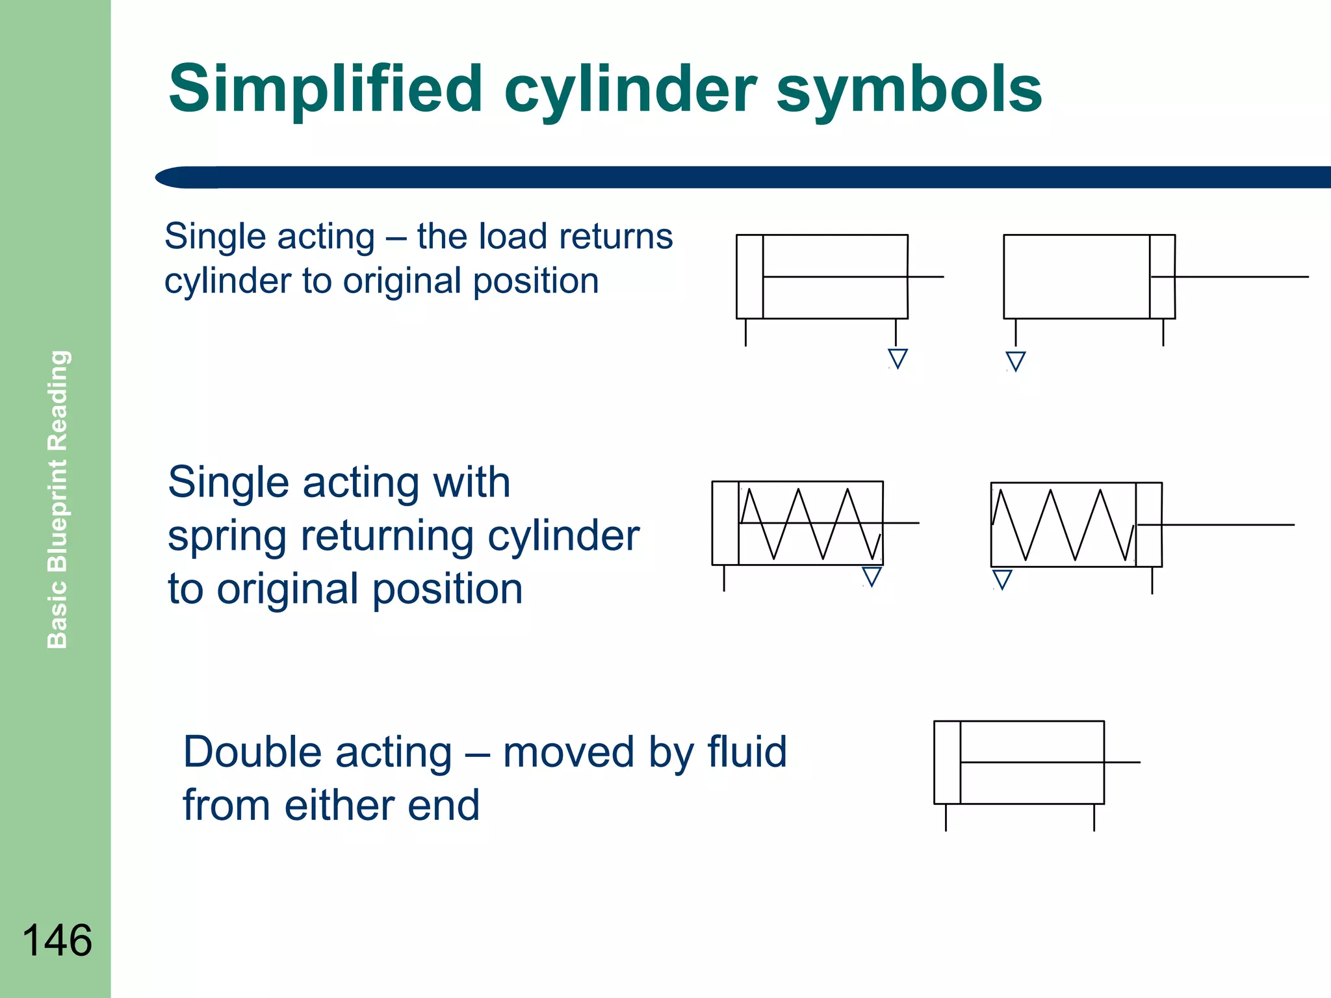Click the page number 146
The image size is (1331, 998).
coord(57,940)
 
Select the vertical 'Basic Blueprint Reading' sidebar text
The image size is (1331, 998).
coord(58,499)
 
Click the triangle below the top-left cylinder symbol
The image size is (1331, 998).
coord(898,358)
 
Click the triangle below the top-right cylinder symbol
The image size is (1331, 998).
coord(1015,361)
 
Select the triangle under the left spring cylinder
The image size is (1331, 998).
coord(872,576)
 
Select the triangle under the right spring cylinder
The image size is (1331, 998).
coord(1002,578)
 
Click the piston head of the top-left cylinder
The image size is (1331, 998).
coord(749,277)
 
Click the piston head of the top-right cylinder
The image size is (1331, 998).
coord(1162,277)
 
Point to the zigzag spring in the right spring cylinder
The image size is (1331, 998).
coord(1063,525)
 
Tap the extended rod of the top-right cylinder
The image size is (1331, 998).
coord(1241,277)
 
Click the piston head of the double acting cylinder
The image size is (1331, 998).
coord(947,762)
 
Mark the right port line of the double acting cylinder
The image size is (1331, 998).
coord(1094,817)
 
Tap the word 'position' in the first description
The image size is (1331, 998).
coord(536,281)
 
